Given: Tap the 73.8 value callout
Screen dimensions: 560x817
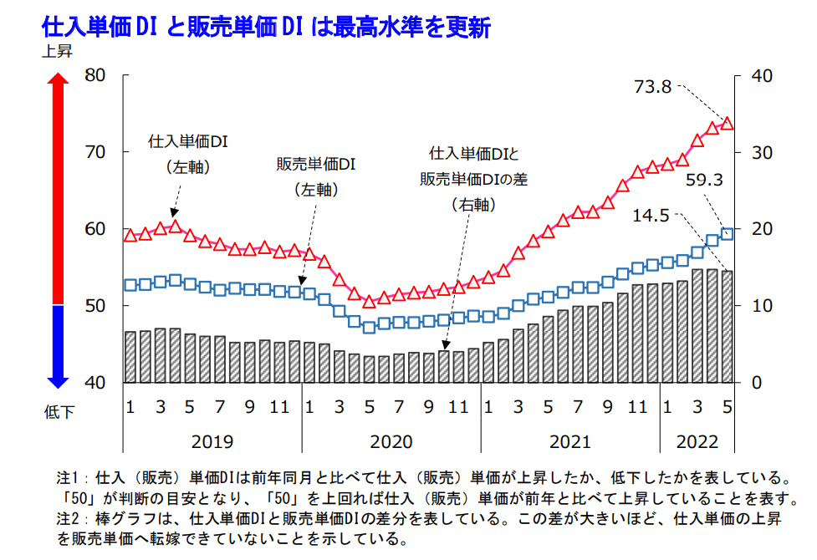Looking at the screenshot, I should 654,86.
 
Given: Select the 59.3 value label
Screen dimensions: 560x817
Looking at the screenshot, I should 703,179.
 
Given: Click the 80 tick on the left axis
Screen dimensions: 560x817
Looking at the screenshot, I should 97,75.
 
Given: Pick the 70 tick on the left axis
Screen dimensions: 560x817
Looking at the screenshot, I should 97,152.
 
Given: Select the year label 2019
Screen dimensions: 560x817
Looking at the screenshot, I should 212,441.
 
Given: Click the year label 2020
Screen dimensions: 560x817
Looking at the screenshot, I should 391,441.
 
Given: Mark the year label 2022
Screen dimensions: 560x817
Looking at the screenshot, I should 697,441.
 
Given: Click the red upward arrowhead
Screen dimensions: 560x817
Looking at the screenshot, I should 57,81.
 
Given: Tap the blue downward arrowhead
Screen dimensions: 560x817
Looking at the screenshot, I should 57,380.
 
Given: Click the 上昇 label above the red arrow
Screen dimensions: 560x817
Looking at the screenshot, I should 57,52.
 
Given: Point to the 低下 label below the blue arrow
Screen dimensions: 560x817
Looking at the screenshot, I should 57,410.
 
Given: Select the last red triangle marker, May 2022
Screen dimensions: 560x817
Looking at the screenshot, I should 727,123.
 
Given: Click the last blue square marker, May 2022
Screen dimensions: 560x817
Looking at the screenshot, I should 727,234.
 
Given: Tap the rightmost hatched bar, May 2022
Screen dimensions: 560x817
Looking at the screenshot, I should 727,326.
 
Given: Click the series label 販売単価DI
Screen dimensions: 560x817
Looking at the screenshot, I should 315,164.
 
